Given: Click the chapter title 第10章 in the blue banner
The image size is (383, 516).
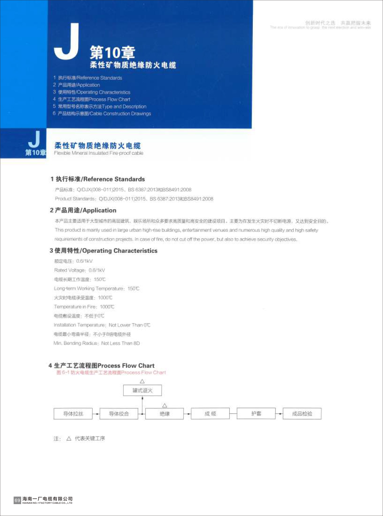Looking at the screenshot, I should click(112, 52).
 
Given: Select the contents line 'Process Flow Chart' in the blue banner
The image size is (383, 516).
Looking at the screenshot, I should click(92, 99).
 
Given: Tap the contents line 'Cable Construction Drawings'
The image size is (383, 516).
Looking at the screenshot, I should click(102, 113).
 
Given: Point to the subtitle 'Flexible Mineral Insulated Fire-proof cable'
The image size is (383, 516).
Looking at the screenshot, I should click(98, 153).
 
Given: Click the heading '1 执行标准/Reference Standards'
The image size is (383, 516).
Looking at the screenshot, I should click(98, 179).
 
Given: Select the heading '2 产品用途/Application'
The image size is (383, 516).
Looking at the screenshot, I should click(83, 210).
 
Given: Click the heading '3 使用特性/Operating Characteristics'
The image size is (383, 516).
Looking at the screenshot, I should click(103, 251).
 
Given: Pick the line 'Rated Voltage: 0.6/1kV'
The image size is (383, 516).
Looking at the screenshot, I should click(79, 270).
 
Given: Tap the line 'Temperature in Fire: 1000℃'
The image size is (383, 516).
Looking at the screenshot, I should click(84, 307).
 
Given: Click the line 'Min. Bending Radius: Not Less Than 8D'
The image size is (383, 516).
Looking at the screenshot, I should click(97, 343).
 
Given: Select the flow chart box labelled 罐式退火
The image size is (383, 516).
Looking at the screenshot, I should click(142, 391).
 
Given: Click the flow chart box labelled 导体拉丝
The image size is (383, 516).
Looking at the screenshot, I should click(73, 414).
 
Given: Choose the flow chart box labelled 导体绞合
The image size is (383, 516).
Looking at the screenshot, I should click(119, 414).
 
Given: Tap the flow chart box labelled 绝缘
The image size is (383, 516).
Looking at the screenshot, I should click(165, 414).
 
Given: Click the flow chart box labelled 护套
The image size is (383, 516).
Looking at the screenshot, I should click(256, 414).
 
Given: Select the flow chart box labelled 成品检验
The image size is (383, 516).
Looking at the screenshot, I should click(302, 414).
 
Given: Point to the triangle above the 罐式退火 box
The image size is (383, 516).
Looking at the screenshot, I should click(142, 381).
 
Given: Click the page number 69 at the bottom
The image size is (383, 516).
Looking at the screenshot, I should click(17, 500).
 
